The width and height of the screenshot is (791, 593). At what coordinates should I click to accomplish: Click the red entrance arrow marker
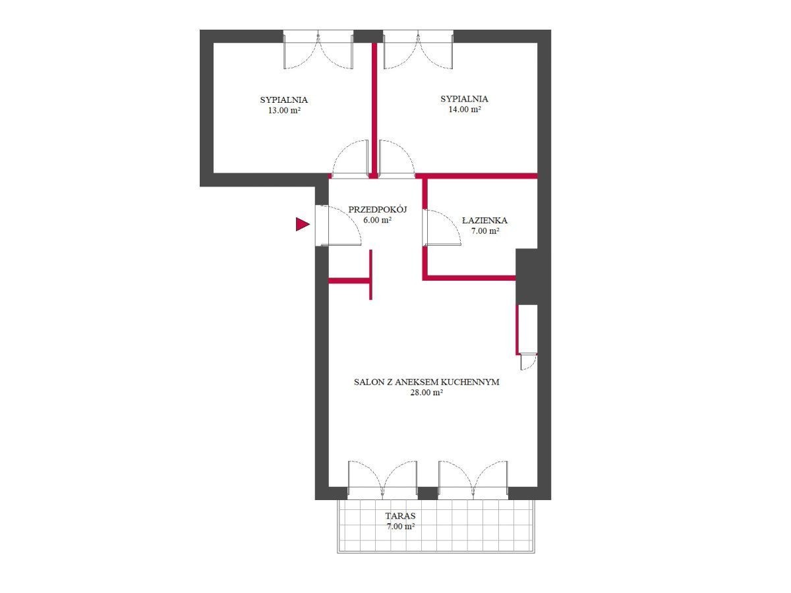[302, 224]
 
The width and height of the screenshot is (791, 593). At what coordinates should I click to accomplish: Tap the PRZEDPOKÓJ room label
[377, 210]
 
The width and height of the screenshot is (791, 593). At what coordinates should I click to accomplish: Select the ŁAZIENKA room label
[484, 220]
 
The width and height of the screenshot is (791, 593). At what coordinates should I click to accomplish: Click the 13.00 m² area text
[284, 111]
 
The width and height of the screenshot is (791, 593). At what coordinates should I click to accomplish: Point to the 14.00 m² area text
[464, 109]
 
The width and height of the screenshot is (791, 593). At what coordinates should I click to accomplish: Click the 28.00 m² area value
[426, 393]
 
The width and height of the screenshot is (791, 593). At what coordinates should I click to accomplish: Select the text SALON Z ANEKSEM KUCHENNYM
[426, 382]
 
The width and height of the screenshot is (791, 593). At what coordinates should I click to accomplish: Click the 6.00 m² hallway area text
[377, 220]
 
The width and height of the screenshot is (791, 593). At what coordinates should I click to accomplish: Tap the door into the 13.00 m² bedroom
[350, 158]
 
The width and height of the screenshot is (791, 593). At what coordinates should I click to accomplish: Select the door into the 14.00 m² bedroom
[396, 158]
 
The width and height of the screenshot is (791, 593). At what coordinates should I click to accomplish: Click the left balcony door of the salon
[382, 480]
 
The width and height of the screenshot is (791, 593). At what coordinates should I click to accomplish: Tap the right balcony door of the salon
[473, 480]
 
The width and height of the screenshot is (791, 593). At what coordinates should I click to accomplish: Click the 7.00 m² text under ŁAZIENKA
[485, 231]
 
